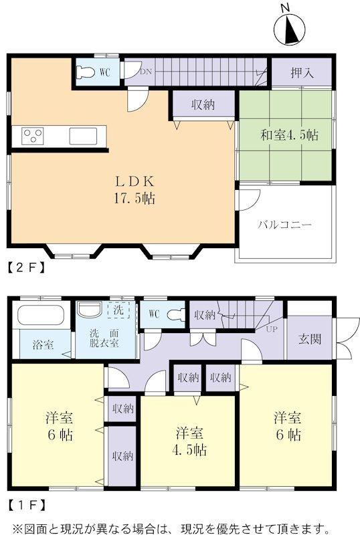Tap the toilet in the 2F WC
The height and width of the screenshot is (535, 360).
[x=86, y=72]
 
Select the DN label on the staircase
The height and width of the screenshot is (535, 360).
[x=146, y=72]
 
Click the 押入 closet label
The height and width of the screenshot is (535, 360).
[x=302, y=72]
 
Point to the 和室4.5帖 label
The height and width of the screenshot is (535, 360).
[x=289, y=135]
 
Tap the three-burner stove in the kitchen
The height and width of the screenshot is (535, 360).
[x=33, y=136]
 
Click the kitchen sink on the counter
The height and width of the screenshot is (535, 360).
[x=84, y=136]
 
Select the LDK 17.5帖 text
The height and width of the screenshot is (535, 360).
[x=134, y=189]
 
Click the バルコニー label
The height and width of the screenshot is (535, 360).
[x=284, y=225]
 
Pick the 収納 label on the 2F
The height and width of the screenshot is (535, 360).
[x=203, y=104]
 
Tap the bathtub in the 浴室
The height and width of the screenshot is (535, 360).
[x=41, y=315]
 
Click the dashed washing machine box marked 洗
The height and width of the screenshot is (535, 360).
[x=118, y=310]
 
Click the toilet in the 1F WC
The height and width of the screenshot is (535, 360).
[x=176, y=314]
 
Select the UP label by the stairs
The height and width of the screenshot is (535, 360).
[x=272, y=330]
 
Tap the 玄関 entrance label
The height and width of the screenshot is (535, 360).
[x=309, y=339]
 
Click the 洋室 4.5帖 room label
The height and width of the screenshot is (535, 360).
[x=189, y=442]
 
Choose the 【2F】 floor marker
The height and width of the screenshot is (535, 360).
[x=26, y=267]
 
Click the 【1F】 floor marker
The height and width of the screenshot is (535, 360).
[x=26, y=504]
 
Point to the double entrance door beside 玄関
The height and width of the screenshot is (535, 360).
[x=347, y=338]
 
